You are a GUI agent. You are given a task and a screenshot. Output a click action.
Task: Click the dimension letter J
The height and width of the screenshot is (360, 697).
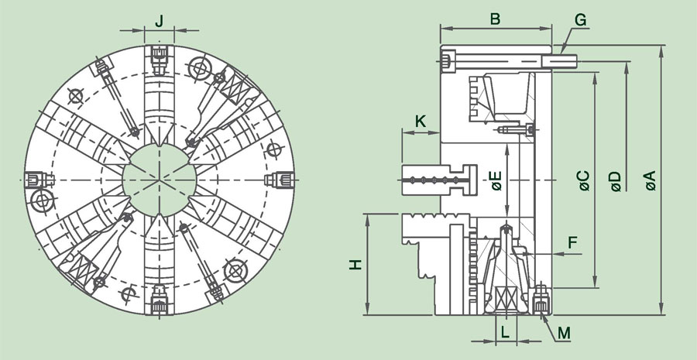point(159,20)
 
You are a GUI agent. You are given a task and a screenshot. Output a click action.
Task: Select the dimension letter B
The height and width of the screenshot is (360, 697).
point(495,19)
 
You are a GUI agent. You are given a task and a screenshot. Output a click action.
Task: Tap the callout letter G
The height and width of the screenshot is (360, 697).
point(581,20)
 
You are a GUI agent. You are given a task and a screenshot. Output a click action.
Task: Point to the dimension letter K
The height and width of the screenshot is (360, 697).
point(421,121)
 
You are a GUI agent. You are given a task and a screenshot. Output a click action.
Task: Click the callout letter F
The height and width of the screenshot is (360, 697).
point(572,242)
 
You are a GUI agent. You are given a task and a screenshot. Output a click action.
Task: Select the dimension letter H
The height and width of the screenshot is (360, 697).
point(355,265)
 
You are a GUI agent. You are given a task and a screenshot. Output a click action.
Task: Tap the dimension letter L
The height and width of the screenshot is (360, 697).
point(506,332)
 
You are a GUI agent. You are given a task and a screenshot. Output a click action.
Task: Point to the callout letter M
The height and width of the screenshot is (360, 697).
point(564,332)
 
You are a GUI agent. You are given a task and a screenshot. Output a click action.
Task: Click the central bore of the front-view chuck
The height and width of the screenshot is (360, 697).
point(159,180)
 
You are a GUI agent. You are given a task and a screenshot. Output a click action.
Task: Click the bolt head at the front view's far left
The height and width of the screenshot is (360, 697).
point(36,180)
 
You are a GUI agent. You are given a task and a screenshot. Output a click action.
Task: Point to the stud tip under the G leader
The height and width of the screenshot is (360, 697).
point(559,61)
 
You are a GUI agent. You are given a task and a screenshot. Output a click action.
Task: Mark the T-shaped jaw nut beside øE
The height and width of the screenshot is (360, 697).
point(439,180)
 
